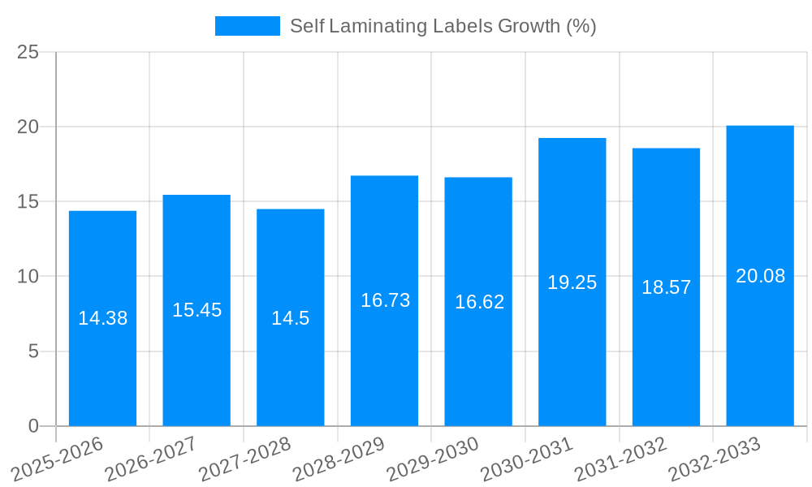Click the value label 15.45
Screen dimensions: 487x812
coord(197,310)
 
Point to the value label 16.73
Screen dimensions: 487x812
coord(385,300)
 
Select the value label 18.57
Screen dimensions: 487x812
coord(666,287)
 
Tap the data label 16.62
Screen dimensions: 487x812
coord(479,302)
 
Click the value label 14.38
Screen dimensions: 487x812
coord(102,318)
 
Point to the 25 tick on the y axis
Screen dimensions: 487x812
coord(28,53)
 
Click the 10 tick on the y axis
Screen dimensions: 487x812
coord(28,277)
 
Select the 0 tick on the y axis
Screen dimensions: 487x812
coord(33,426)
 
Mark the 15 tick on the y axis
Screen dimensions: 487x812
coord(28,201)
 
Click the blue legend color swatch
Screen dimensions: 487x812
coord(247,26)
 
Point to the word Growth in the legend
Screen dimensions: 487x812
coord(525,26)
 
